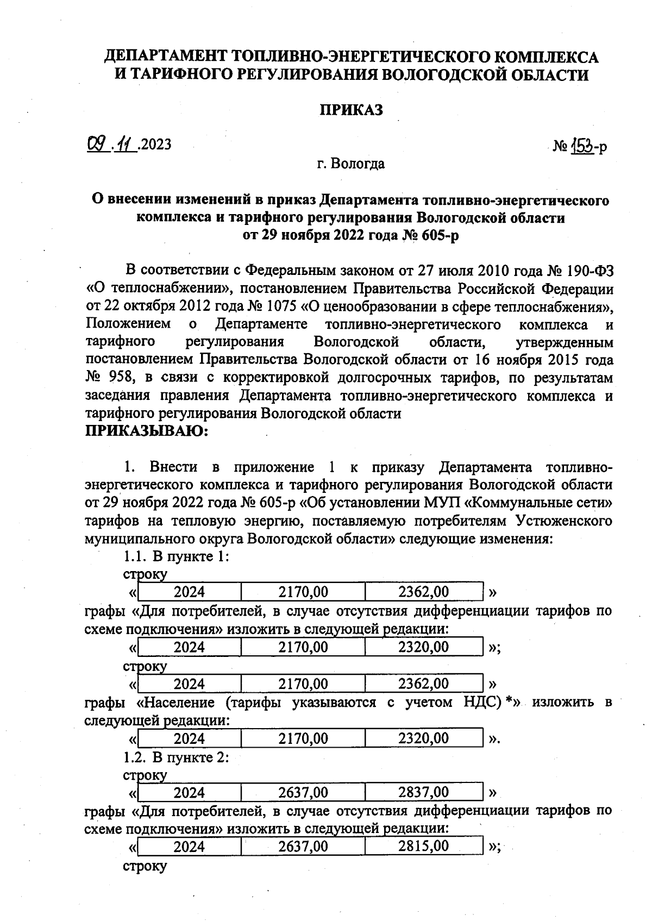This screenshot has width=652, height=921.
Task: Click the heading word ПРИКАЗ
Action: tap(351, 110)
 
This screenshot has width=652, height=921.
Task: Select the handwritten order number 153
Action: tap(582, 146)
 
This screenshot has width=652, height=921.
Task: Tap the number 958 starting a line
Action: tap(119, 378)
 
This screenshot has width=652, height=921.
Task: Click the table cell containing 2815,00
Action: tap(423, 846)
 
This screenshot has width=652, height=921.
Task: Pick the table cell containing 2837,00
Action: tap(423, 792)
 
